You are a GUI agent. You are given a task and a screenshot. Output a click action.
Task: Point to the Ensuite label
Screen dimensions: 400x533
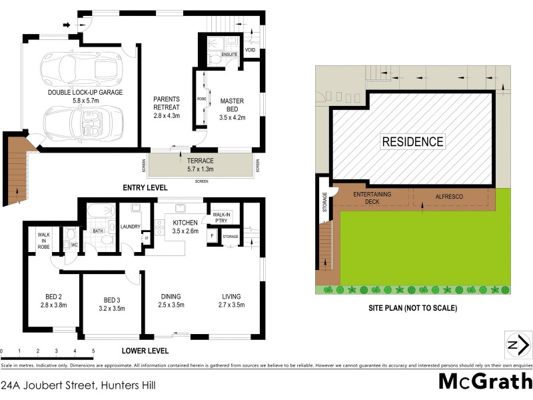[221, 55]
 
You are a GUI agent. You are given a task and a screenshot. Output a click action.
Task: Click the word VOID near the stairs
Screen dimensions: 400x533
[251, 50]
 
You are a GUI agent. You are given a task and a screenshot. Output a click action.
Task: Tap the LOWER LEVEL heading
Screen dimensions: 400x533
[145, 351]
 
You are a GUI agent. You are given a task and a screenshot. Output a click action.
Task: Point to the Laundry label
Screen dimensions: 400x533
[130, 227]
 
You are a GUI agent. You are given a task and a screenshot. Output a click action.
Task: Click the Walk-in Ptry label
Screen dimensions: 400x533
[221, 217]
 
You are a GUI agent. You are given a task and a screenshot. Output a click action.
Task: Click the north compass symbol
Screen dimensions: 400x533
[517, 345]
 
